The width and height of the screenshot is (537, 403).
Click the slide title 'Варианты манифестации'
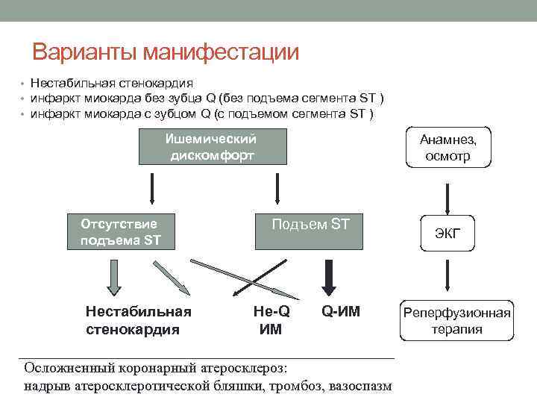pyautogui.click(x=165, y=52)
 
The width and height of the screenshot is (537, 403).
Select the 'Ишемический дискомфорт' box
pyautogui.click(x=212, y=146)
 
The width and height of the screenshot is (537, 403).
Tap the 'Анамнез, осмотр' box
pyautogui.click(x=447, y=147)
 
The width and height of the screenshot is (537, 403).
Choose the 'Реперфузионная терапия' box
pyautogui.click(x=457, y=320)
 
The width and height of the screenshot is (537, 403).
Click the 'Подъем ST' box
pyautogui.click(x=310, y=231)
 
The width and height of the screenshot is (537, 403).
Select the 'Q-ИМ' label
pyautogui.click(x=341, y=311)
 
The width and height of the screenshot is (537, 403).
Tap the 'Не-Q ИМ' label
pyautogui.click(x=271, y=319)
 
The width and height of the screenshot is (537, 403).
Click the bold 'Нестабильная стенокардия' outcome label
pyautogui.click(x=139, y=319)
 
